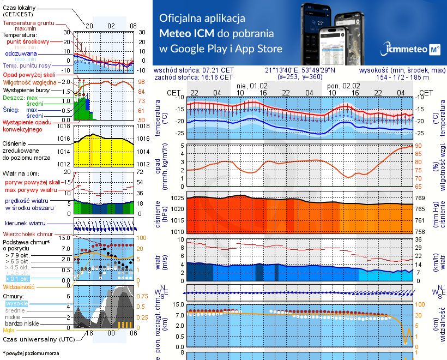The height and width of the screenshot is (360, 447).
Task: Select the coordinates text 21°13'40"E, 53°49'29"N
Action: [300, 70]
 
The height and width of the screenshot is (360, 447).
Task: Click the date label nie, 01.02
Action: [252, 86]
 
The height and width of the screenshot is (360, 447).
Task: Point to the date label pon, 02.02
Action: [343, 86]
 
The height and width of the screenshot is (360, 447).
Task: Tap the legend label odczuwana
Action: [21, 54]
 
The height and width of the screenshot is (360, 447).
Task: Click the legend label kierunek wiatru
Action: [25, 224]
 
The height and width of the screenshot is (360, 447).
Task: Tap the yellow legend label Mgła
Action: [9, 330]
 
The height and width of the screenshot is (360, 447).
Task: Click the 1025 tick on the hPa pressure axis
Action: [176, 199]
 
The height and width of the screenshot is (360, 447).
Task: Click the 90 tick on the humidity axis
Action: [419, 146]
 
